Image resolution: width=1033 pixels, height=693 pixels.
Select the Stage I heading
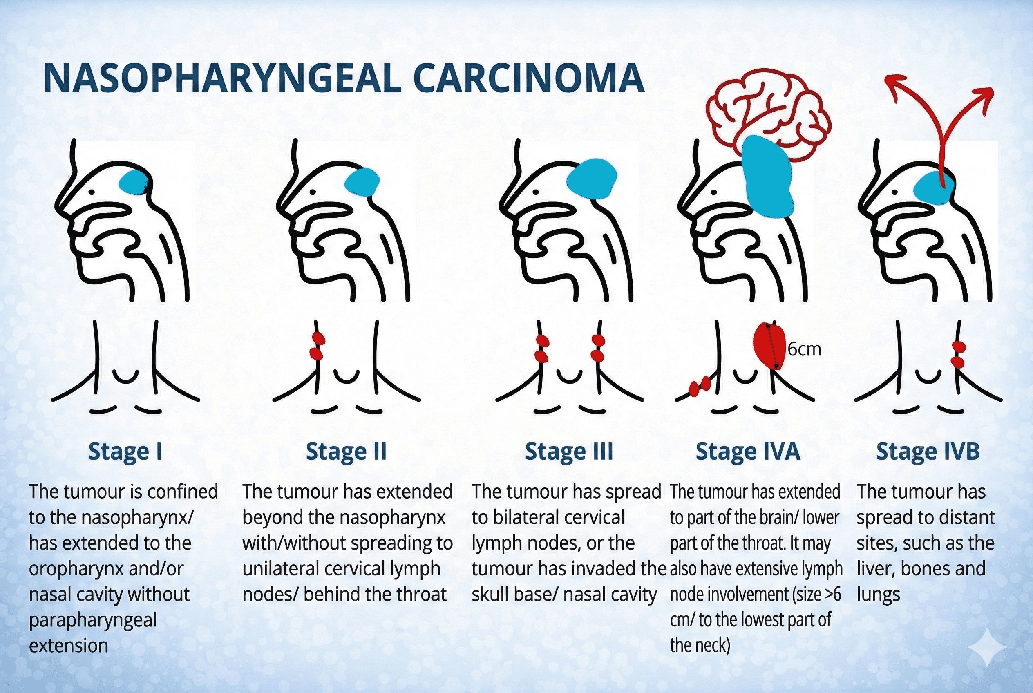pyautogui.click(x=125, y=452)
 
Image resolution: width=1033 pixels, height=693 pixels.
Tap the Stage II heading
pyautogui.click(x=346, y=452)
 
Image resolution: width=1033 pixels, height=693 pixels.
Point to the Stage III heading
pyautogui.click(x=569, y=452)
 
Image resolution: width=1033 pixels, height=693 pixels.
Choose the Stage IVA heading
pyautogui.click(x=748, y=452)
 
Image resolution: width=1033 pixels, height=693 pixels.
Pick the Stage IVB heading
pyautogui.click(x=928, y=452)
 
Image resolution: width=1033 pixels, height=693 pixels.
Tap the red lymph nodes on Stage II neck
pyautogui.click(x=317, y=346)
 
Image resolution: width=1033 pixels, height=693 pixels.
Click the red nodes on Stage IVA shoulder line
pyautogui.click(x=700, y=386)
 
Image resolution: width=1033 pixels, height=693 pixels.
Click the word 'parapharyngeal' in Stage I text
pyautogui.click(x=93, y=621)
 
